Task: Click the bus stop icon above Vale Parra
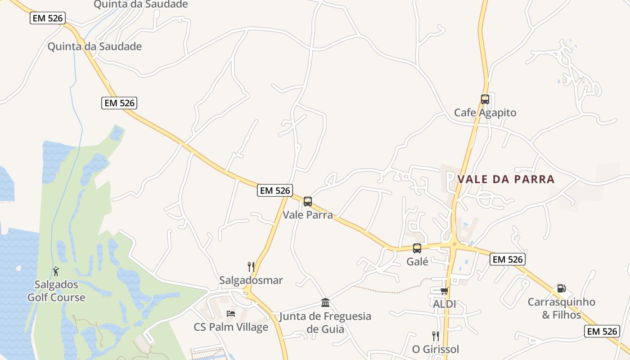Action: click(308, 201)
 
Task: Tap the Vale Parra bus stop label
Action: click(308, 215)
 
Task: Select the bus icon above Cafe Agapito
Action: click(485, 99)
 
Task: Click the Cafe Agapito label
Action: click(485, 112)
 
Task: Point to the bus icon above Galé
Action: click(417, 248)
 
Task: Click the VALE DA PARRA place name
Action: click(506, 179)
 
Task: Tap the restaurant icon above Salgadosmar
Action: click(251, 266)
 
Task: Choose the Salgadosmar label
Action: click(251, 280)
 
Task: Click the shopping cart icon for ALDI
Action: click(445, 291)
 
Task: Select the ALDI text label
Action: click(445, 304)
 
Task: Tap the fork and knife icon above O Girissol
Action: click(435, 336)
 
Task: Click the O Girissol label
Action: click(436, 349)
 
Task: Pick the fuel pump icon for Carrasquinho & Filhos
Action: click(561, 288)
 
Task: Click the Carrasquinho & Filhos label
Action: click(561, 308)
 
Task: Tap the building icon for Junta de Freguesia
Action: click(325, 302)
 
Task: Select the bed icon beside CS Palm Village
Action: click(231, 313)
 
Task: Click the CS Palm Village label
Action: click(231, 327)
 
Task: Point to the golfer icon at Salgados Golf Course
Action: click(56, 271)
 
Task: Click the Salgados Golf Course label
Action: click(56, 291)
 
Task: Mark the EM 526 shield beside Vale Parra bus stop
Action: click(274, 190)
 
